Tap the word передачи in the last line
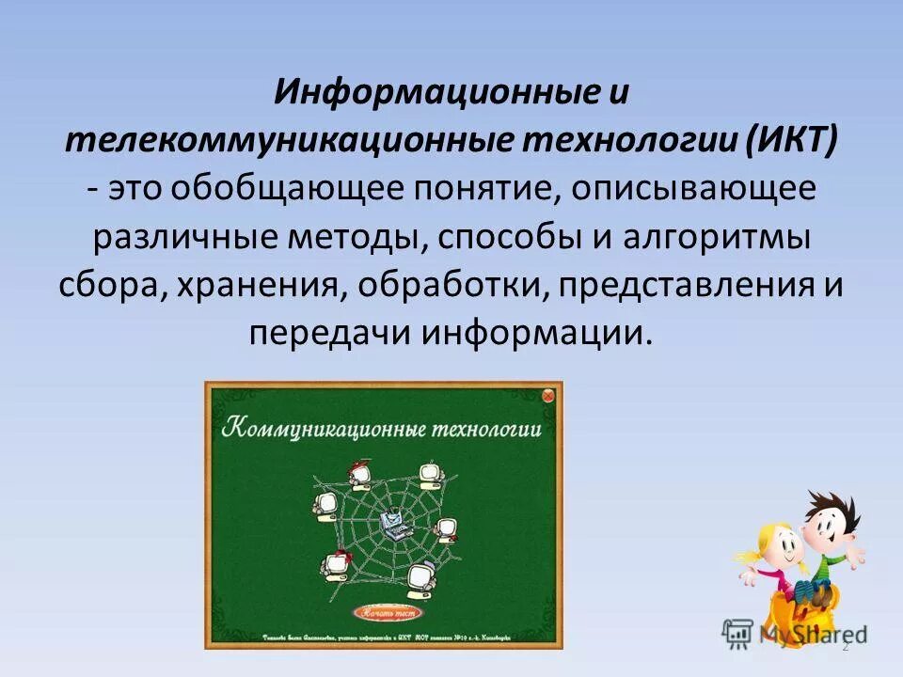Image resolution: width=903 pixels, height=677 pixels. [x=330, y=335]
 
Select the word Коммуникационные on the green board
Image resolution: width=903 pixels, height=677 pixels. [x=324, y=429]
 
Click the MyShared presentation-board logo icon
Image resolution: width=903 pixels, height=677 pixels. [x=738, y=632]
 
